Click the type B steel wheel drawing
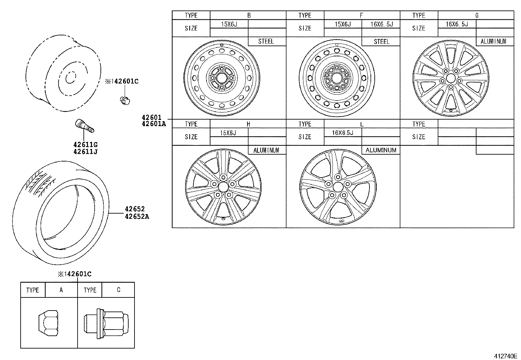pyautogui.click(x=222, y=78)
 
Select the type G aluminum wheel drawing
pyautogui.click(x=451, y=78)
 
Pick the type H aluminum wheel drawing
pyautogui.click(x=224, y=187)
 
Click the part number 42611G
pyautogui.click(x=85, y=145)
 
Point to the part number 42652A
pyautogui.click(x=136, y=216)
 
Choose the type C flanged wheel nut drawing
pyautogui.click(x=106, y=323)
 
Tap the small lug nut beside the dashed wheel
pyautogui.click(x=125, y=100)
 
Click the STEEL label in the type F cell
pyautogui.click(x=381, y=42)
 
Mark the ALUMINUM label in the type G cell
pyautogui.click(x=493, y=41)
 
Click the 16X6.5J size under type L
pyautogui.click(x=342, y=132)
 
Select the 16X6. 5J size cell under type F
pyautogui.click(x=381, y=24)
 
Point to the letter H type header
pyautogui.click(x=248, y=124)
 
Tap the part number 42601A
pyautogui.click(x=154, y=124)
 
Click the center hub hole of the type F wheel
pyautogui.click(x=336, y=78)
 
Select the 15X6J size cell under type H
pyautogui.click(x=228, y=132)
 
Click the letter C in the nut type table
pyautogui.click(x=118, y=290)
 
